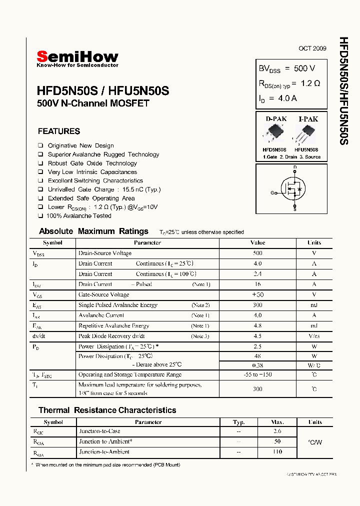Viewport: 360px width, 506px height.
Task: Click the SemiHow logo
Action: click(77, 58)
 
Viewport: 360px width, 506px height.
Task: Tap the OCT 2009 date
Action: click(312, 48)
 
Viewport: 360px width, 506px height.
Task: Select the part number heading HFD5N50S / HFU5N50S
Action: click(103, 91)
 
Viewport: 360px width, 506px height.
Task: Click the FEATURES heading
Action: click(59, 131)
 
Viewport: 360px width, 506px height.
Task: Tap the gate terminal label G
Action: click(272, 192)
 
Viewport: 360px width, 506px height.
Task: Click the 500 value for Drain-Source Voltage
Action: click(257, 253)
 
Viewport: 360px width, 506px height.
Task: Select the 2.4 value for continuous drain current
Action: click(257, 274)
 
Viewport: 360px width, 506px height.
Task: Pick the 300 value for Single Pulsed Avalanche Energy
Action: click(257, 305)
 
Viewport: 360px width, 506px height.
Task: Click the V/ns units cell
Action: click(314, 336)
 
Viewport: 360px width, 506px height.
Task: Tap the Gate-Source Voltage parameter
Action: click(103, 294)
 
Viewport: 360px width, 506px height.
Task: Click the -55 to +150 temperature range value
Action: click(257, 374)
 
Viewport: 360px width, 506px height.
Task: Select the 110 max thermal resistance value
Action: click(277, 451)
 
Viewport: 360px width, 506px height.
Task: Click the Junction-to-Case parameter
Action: click(99, 431)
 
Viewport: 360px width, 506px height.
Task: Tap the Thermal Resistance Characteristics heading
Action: click(107, 410)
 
